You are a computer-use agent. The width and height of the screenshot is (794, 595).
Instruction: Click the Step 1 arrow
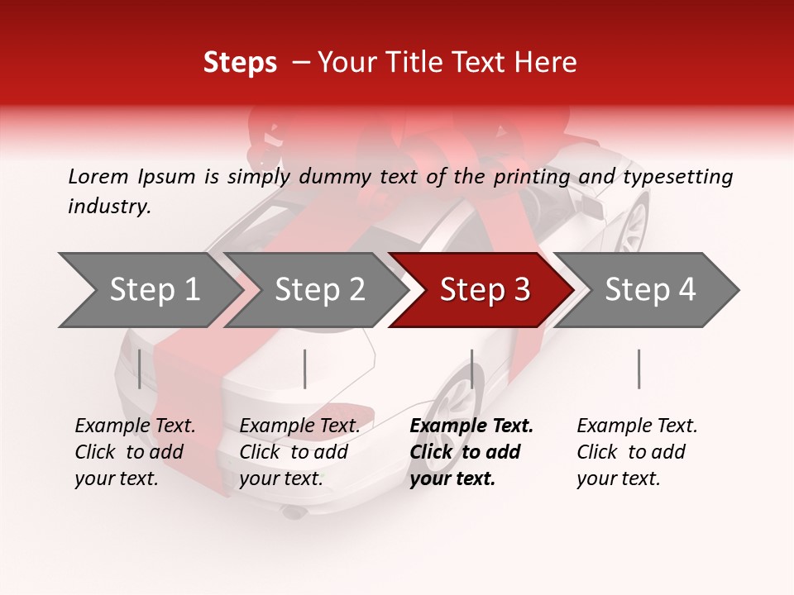pyautogui.click(x=154, y=290)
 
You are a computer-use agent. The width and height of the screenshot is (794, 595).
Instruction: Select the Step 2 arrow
pyautogui.click(x=319, y=290)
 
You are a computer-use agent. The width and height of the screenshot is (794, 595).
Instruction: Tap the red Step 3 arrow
pyautogui.click(x=484, y=290)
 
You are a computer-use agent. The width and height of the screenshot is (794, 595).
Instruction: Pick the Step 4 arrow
pyautogui.click(x=649, y=290)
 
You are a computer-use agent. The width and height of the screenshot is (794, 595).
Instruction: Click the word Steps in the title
pyautogui.click(x=240, y=63)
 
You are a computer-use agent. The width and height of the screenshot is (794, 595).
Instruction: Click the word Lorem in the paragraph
pyautogui.click(x=98, y=177)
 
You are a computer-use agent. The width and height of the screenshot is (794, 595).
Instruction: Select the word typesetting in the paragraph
pyautogui.click(x=677, y=177)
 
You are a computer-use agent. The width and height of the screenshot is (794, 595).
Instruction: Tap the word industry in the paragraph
pyautogui.click(x=109, y=207)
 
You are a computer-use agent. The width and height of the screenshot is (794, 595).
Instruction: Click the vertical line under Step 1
pyautogui.click(x=140, y=369)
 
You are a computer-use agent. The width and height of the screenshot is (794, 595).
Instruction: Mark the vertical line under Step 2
pyautogui.click(x=305, y=369)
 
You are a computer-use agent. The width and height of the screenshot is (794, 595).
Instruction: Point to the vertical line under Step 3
pyautogui.click(x=471, y=369)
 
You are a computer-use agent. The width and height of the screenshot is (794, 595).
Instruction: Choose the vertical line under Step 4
pyautogui.click(x=639, y=369)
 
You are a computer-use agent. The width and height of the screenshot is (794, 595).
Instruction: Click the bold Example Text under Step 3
pyautogui.click(x=471, y=426)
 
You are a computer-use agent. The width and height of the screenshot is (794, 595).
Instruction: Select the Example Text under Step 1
pyautogui.click(x=135, y=426)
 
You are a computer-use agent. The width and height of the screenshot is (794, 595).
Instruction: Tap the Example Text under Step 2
pyautogui.click(x=299, y=426)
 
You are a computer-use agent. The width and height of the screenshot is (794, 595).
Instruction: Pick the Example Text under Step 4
pyautogui.click(x=637, y=426)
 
